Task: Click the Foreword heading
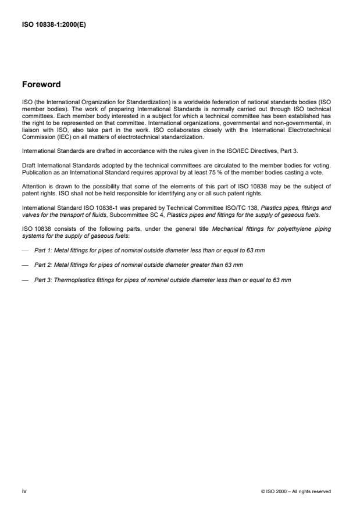[x=41, y=84]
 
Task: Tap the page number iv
[x=24, y=491]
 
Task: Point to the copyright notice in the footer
[x=296, y=492]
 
